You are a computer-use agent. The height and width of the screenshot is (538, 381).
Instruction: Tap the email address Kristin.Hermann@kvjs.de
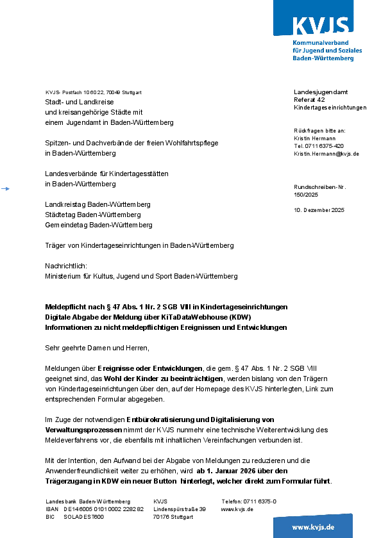click(x=326, y=154)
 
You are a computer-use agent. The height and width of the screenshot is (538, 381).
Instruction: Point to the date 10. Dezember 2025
click(x=319, y=210)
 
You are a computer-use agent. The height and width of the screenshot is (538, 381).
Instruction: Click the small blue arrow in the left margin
click(x=6, y=188)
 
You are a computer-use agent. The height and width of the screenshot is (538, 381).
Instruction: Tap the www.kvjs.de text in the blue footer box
click(x=313, y=526)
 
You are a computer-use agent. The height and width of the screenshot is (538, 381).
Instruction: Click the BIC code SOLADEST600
click(x=83, y=517)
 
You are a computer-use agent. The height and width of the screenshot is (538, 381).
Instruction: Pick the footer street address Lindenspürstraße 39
click(x=180, y=509)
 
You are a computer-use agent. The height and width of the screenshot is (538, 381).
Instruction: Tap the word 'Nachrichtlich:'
click(x=65, y=266)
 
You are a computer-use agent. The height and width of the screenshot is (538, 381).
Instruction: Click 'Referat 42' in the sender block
click(x=309, y=100)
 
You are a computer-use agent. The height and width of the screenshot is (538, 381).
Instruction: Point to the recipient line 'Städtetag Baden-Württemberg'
click(x=92, y=215)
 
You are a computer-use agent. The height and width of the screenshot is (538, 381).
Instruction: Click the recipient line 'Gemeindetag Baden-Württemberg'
click(x=98, y=225)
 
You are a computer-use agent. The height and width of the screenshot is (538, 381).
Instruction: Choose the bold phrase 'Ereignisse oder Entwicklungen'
click(x=149, y=368)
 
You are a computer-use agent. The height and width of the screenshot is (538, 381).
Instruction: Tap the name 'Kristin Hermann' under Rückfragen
click(x=315, y=138)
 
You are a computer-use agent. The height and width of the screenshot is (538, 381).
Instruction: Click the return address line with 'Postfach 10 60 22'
click(x=94, y=92)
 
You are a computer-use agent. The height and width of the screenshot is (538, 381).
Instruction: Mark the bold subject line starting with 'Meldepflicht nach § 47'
click(x=166, y=307)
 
